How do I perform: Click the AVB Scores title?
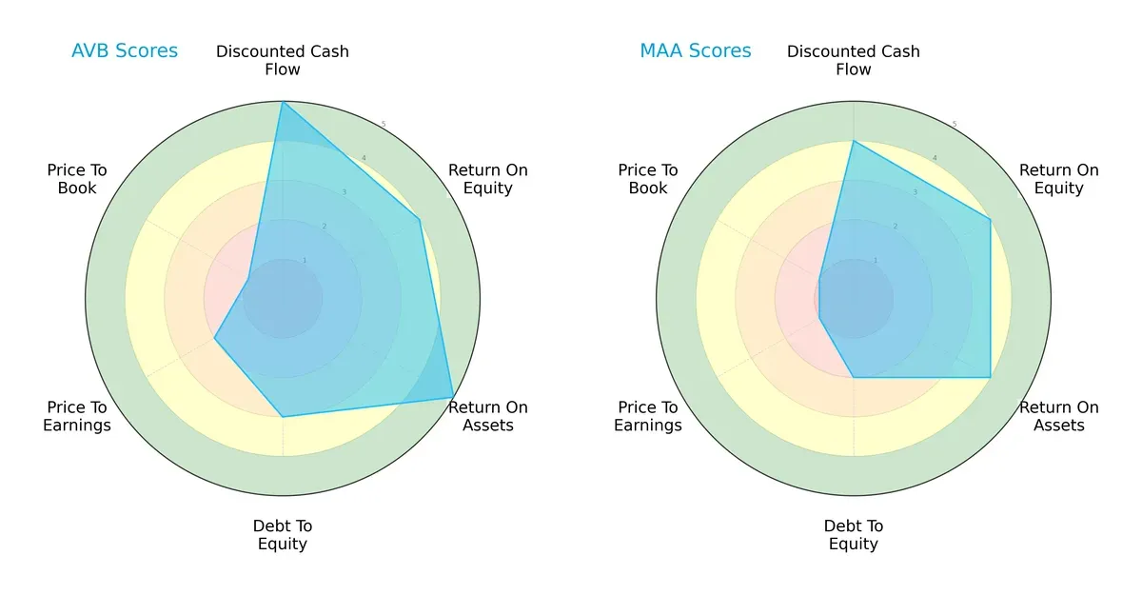point(125,50)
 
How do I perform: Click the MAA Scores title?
point(696,50)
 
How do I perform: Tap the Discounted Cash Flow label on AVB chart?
point(283,60)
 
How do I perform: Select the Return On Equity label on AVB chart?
point(488,179)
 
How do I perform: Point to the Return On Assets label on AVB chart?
point(488,416)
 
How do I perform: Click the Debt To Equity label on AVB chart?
point(283,535)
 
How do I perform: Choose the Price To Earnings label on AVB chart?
point(77,416)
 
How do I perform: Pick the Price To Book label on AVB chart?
point(77,179)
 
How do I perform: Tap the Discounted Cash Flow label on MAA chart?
point(854,60)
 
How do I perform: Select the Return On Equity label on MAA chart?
point(1059,179)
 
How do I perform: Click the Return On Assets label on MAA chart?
point(1059,416)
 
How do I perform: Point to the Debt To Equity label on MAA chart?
point(854,535)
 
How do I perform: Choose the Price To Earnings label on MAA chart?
point(648,416)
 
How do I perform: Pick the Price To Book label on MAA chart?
point(648,179)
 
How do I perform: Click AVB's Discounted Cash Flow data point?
point(283,103)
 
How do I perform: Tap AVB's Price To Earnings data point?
point(215,338)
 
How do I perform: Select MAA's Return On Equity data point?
point(990,220)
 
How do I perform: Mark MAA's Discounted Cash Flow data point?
point(854,142)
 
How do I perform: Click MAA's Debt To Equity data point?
point(854,377)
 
